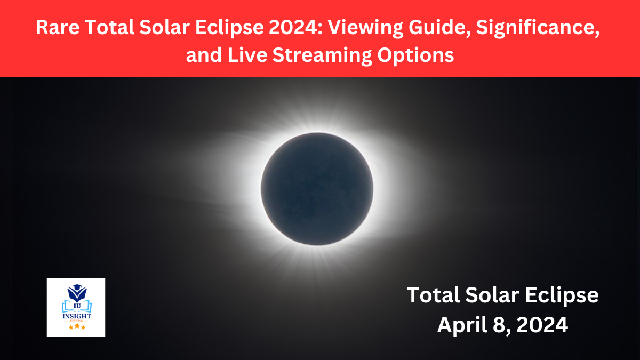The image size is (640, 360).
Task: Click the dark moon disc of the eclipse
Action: (x=317, y=189)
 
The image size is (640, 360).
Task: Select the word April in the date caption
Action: (x=460, y=325)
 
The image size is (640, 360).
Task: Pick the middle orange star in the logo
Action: (x=76, y=326)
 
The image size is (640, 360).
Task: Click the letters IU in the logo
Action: (x=76, y=306)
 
